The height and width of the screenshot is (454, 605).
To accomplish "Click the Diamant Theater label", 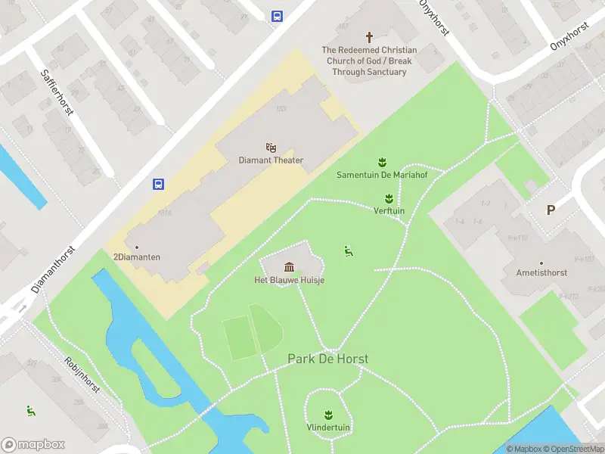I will point(271,160).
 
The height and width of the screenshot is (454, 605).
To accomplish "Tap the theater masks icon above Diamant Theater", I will point(271,147).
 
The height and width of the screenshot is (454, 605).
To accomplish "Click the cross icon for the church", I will point(370,37).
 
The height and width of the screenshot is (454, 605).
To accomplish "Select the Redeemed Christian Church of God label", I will point(369,61).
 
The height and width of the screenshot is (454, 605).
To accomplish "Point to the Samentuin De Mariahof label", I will point(381,175).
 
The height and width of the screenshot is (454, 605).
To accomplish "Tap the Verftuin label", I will point(389,210).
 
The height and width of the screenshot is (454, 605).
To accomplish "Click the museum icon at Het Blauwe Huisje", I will point(289,266).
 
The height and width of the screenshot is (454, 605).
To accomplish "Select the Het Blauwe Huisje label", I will point(289,280).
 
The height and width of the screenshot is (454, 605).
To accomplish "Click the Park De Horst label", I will point(327,359).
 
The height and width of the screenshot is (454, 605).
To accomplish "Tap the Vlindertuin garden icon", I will point(328,414).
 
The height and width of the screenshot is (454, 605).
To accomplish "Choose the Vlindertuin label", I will point(328,427).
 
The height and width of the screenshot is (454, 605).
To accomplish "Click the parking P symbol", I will point(551,210).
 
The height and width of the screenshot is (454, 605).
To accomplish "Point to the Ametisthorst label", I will point(541,272).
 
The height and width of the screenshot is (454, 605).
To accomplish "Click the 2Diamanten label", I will point(137,257).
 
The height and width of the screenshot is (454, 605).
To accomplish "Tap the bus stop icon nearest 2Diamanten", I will point(159,184).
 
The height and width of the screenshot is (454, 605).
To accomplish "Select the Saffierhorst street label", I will point(57,92).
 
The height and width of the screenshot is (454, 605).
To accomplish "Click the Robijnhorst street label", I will point(82,374).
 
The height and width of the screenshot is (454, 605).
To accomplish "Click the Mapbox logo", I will point(33,445).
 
